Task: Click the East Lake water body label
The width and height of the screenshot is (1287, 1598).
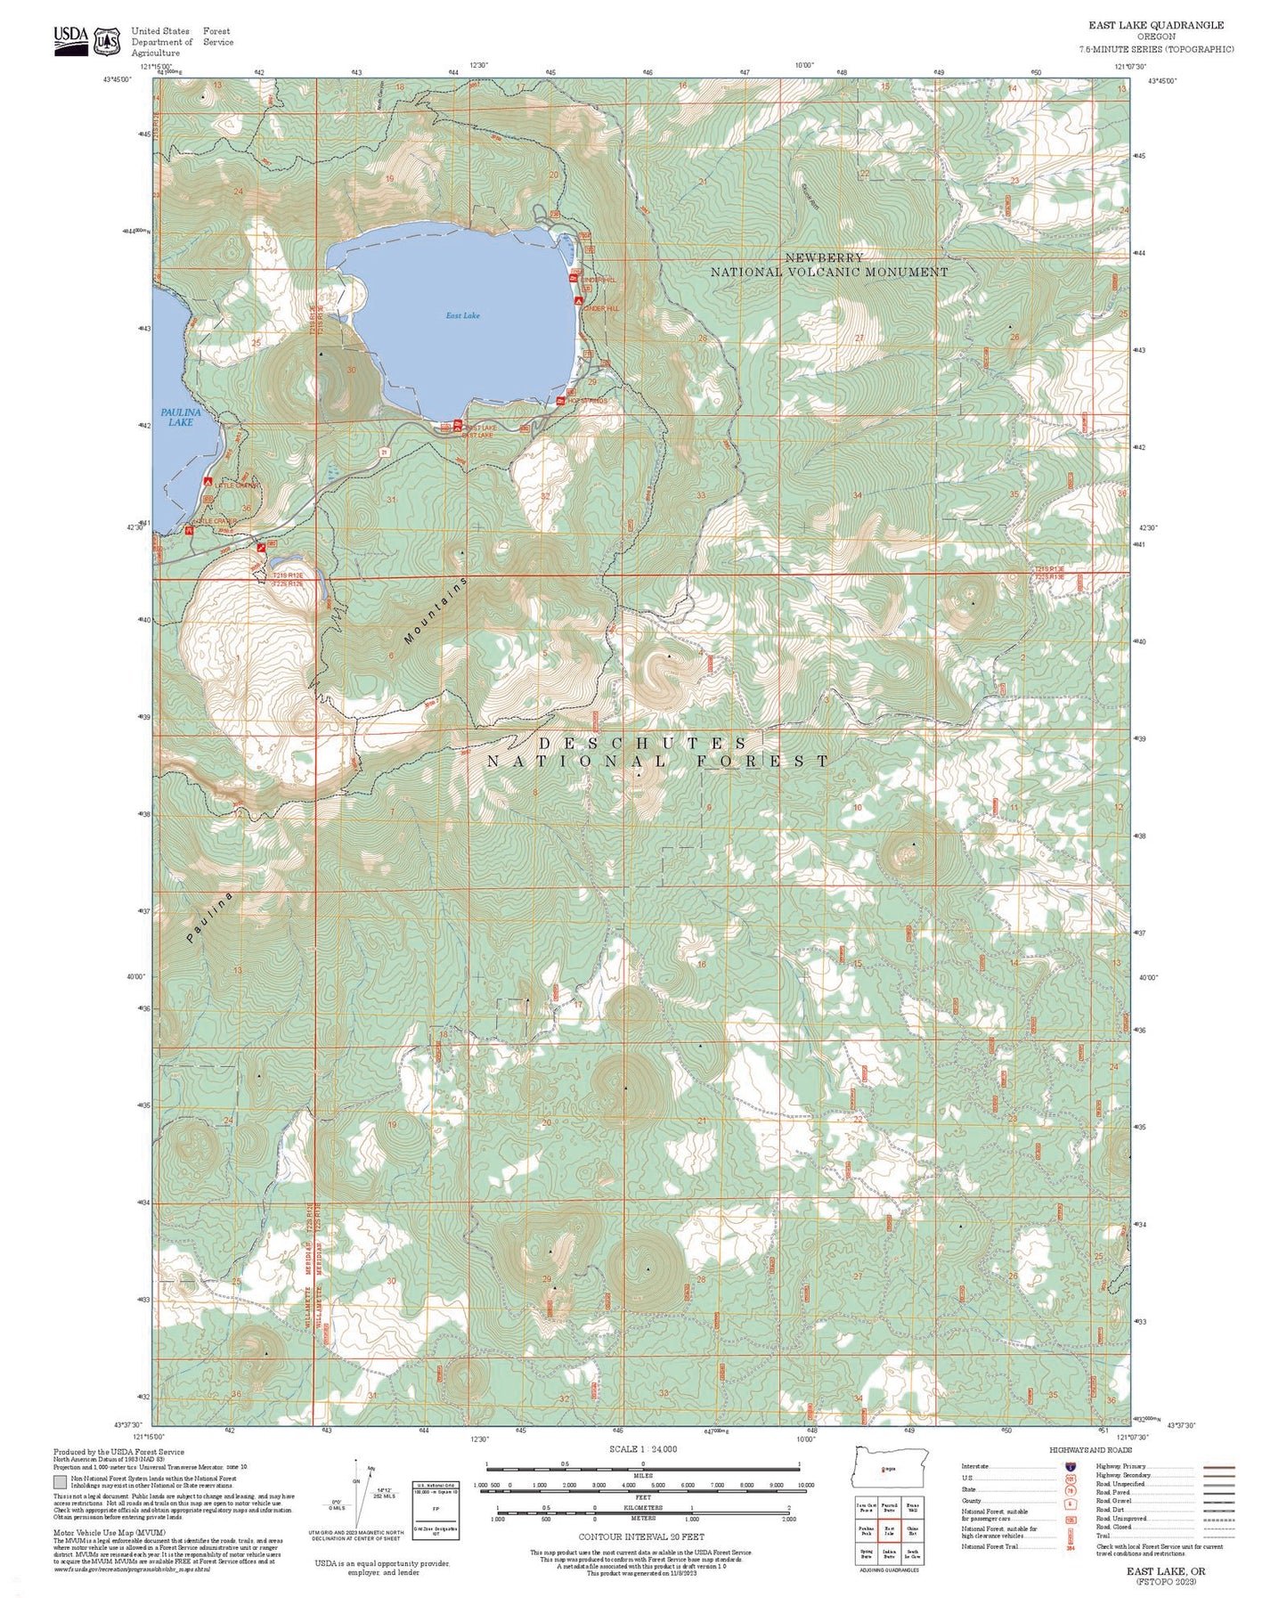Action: pos(463,315)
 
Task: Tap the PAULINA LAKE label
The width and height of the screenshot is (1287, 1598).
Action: pos(180,417)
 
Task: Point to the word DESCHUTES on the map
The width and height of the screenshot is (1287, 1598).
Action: pos(643,743)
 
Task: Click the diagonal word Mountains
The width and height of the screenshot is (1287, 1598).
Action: pos(435,611)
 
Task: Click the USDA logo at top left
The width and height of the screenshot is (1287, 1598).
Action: pos(71,40)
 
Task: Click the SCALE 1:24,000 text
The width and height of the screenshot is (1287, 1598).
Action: pos(643,1449)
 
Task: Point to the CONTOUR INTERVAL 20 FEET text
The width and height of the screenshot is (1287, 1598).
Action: pos(641,1537)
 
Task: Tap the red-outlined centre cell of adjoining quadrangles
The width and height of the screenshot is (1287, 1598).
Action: pos(889,1531)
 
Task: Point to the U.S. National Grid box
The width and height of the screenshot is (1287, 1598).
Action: pos(435,1510)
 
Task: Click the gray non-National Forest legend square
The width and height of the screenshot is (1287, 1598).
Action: pos(59,1483)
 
